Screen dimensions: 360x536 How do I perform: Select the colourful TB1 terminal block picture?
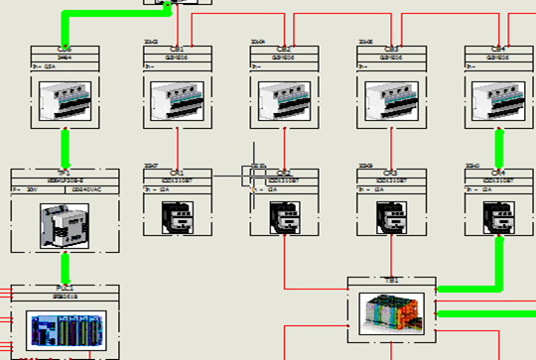pos(392,313)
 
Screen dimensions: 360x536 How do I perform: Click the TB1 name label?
pos(392,281)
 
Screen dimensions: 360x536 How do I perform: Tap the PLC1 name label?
pos(65,288)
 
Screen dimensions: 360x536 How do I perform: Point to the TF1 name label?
pos(65,173)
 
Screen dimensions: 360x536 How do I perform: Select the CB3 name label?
pos(391,49)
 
